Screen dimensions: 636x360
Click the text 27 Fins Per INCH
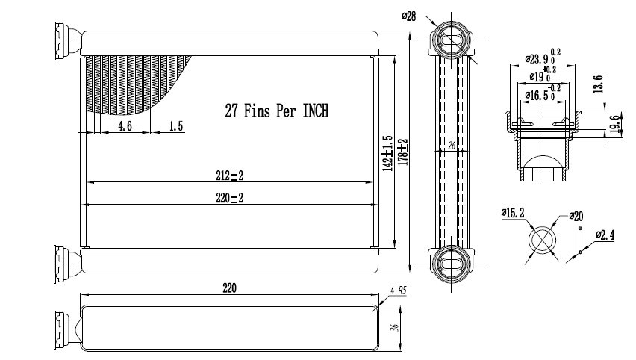coord(277,111)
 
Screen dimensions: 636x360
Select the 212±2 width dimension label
coord(230,176)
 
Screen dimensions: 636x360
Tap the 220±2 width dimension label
coord(230,198)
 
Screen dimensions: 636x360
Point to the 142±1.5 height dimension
coord(388,153)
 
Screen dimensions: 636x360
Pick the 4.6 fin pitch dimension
coord(125,125)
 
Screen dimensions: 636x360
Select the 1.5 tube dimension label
coord(175,125)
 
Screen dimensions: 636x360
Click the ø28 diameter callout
coord(409,16)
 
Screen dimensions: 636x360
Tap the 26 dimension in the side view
coord(452,146)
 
